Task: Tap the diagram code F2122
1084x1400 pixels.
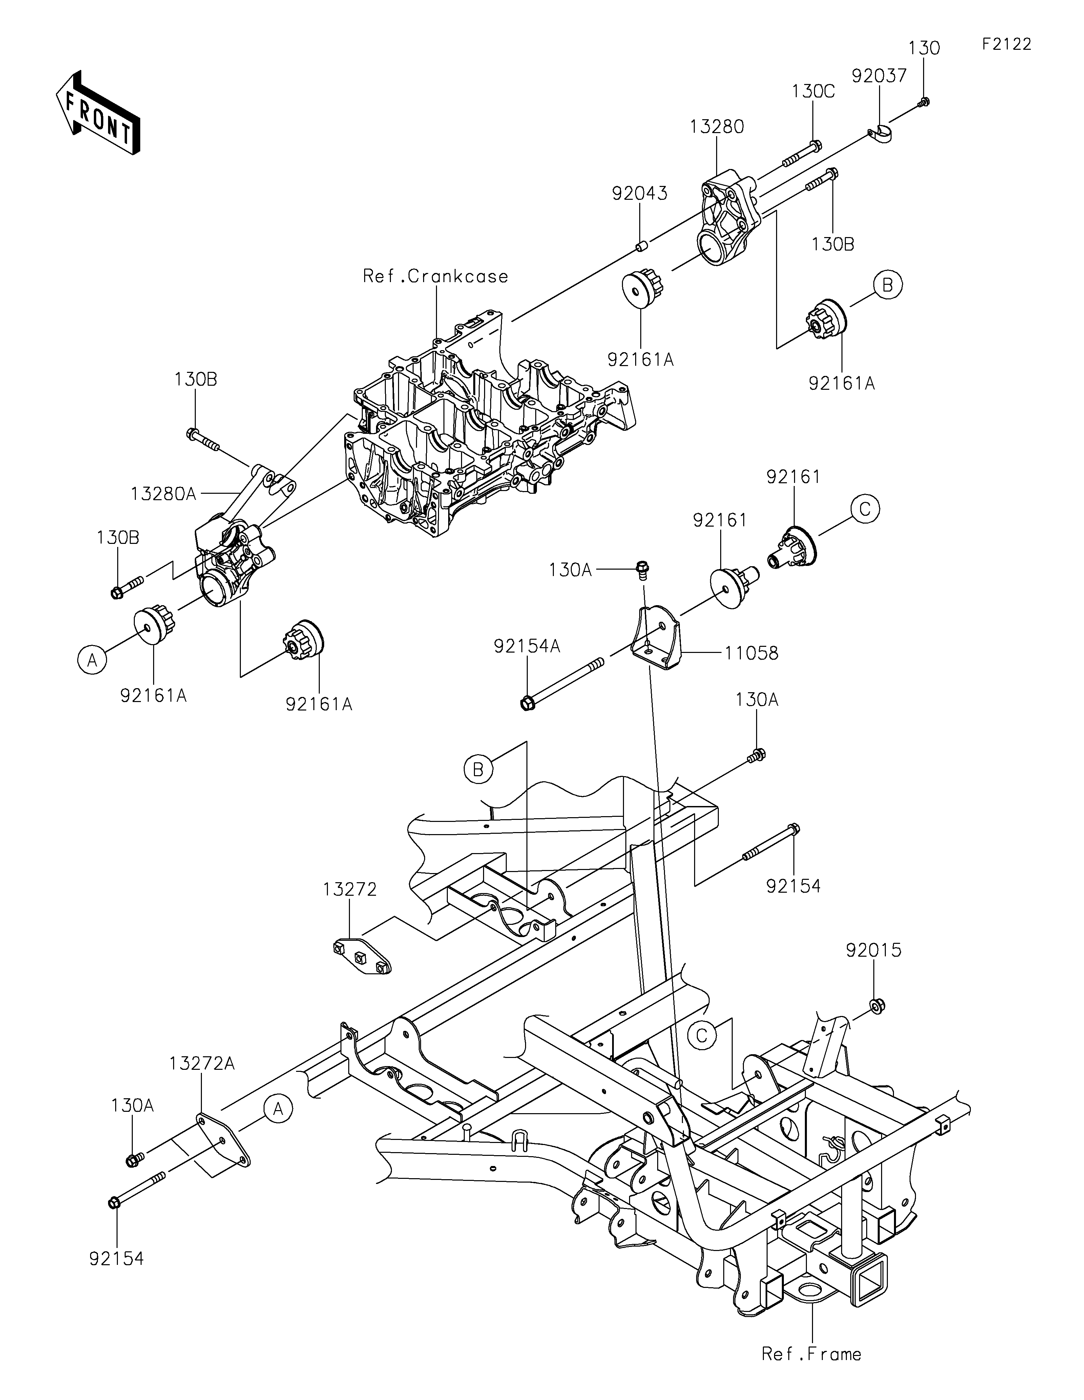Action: point(1006,44)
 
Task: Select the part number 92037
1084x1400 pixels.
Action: point(879,76)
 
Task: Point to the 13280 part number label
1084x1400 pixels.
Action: point(717,127)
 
